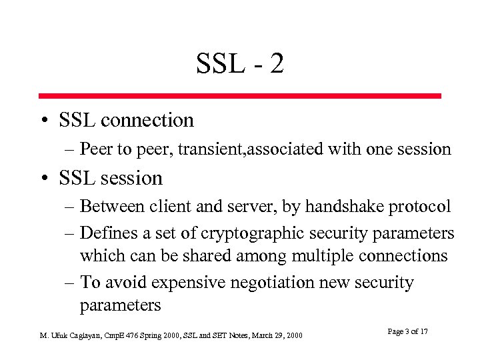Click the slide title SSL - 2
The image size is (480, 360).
(240, 64)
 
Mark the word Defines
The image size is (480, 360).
(105, 233)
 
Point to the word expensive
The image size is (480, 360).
(188, 283)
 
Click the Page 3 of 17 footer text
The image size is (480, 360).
(407, 332)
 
